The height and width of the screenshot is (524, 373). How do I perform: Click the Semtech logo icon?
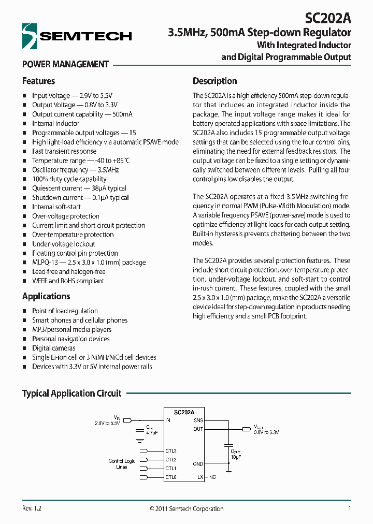pos(30,36)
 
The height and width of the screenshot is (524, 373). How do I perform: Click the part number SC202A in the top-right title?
pos(328,19)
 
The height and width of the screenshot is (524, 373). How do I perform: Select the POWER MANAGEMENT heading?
pos(65,65)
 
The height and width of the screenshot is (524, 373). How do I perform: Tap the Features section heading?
pos(38,81)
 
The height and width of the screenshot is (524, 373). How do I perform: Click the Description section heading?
pos(214,81)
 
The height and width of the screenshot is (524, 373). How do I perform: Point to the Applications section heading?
pos(46,297)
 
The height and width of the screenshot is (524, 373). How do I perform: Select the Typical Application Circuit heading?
pos(71,394)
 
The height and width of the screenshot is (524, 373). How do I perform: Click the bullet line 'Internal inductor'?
pos(55,124)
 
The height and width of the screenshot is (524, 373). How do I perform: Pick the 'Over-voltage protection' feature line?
pos(65,216)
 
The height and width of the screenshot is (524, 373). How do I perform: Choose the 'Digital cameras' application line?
pos(53,348)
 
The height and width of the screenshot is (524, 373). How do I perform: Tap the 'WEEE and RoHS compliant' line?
pos(68,281)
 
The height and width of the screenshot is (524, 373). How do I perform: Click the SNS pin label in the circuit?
pos(198,421)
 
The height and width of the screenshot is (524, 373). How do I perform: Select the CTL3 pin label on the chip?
pos(171,451)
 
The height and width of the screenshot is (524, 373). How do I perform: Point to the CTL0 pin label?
pos(171,477)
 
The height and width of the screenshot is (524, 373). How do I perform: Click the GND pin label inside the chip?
pos(198,464)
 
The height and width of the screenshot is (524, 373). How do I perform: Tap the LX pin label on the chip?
pos(200,477)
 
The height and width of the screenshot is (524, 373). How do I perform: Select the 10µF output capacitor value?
pos(235,457)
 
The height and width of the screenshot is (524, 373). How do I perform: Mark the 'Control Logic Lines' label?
pos(122,464)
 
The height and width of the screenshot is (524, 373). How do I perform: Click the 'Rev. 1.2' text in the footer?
pos(32,509)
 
